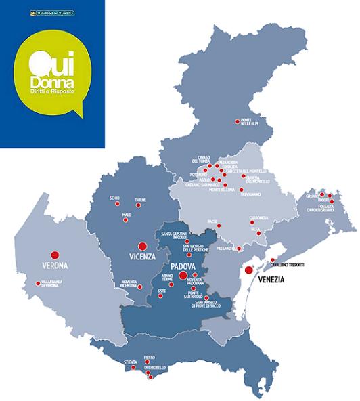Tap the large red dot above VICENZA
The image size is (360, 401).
[x=142, y=247]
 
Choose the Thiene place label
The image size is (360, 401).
[x=140, y=200]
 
